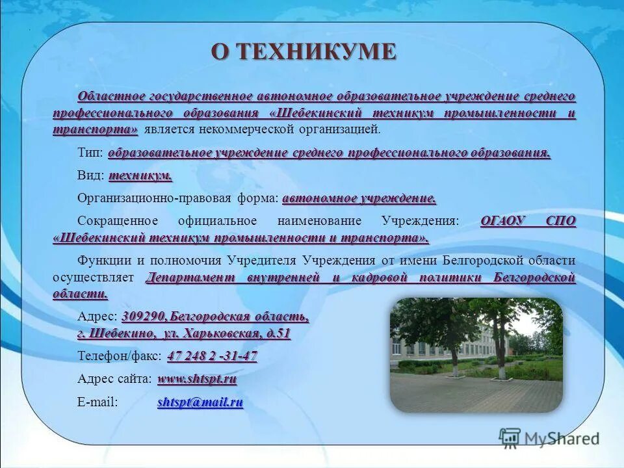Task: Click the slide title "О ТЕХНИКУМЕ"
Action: pos(303,52)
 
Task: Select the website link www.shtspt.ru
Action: pos(197,378)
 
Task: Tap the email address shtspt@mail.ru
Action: pos(200,402)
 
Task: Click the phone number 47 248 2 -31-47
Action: pos(213,356)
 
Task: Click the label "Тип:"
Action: pos(90,153)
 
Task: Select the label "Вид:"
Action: pos(91,176)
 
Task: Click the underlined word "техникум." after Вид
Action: pos(140,176)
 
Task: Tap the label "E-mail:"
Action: pos(97,402)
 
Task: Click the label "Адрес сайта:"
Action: pos(115,378)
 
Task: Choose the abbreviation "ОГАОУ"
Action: pos(502,221)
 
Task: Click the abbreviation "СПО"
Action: pos(561,221)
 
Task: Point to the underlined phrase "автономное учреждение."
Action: pos(359,198)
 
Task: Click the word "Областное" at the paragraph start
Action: pos(111,96)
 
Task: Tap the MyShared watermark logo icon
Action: pos(510,438)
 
